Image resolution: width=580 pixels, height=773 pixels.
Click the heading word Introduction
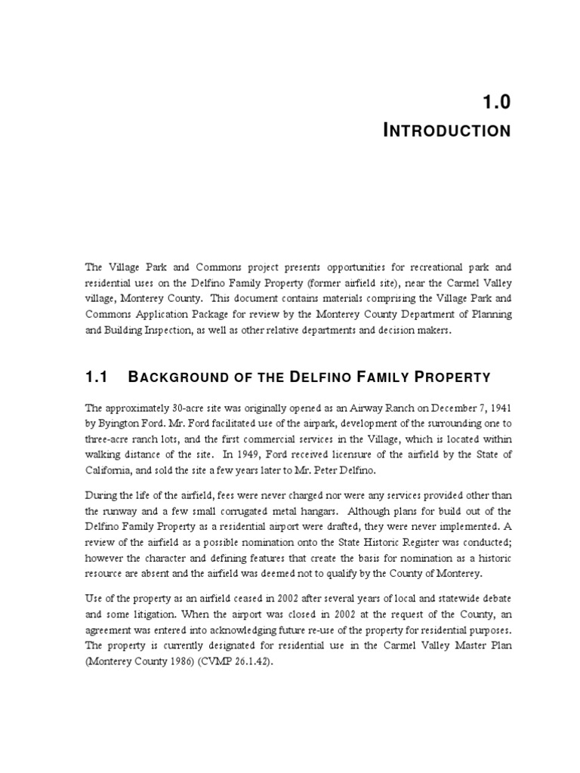pyautogui.click(x=447, y=131)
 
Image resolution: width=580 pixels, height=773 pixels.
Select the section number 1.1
pyautogui.click(x=96, y=376)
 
